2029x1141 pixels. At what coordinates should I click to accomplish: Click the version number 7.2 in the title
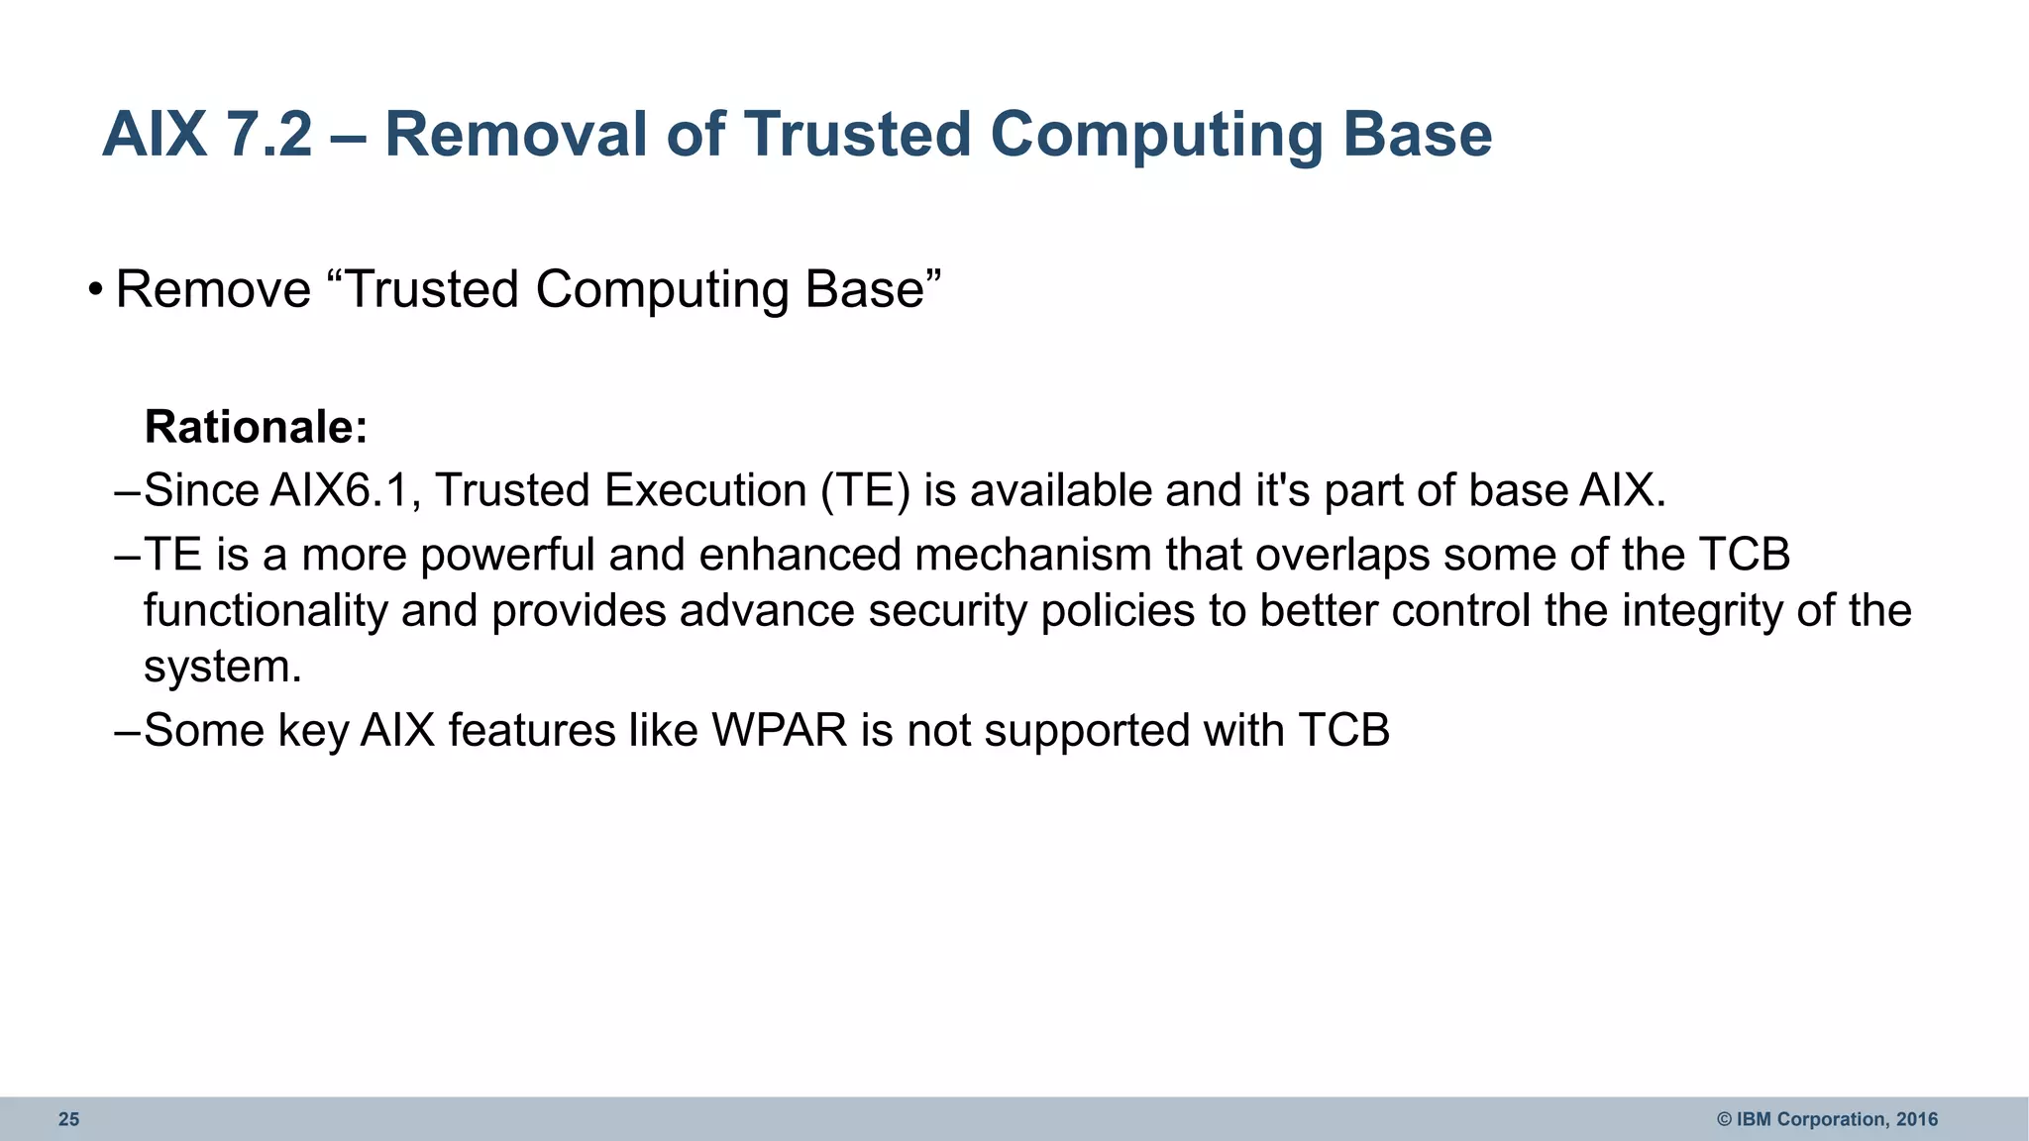point(268,135)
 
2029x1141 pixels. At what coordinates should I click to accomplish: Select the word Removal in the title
point(514,135)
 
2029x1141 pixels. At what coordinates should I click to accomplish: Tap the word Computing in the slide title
point(1156,135)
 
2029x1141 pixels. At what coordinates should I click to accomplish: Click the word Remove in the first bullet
point(213,290)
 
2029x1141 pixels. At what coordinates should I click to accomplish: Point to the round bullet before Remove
point(95,290)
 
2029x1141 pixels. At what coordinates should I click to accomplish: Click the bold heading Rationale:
point(257,427)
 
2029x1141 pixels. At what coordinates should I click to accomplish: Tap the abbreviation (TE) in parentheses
point(865,490)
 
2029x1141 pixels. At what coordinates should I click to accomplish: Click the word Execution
point(705,490)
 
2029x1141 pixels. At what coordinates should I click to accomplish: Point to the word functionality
point(266,611)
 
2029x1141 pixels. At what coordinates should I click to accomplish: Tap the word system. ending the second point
point(223,667)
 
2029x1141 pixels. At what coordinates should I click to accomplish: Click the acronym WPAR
point(780,731)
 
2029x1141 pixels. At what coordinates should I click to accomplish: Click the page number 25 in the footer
point(68,1119)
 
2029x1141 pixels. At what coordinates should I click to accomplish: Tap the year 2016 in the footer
point(1917,1119)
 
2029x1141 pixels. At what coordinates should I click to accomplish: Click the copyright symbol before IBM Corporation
point(1724,1119)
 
